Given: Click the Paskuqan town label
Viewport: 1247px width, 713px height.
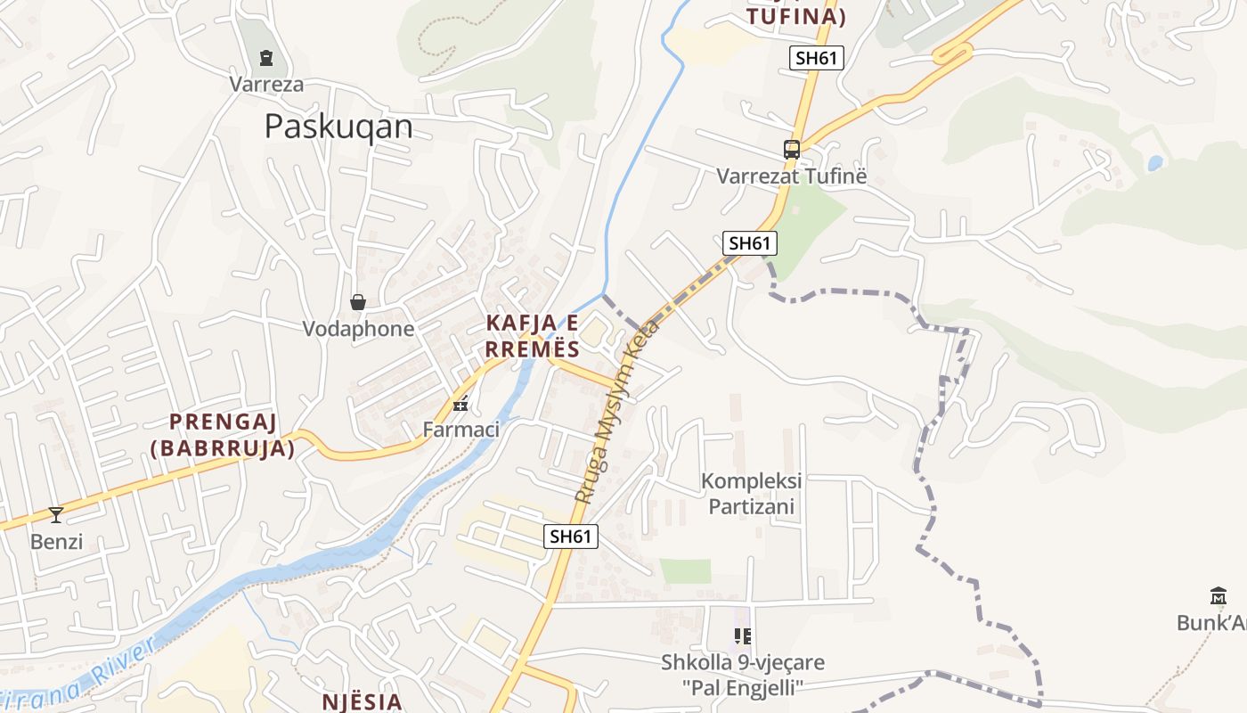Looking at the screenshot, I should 338,127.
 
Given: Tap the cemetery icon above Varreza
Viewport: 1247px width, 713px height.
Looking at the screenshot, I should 265,58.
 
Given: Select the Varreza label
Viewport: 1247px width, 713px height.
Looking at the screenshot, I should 266,85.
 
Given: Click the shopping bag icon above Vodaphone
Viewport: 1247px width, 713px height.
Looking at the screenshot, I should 358,302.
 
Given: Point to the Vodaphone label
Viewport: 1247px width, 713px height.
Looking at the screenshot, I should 358,329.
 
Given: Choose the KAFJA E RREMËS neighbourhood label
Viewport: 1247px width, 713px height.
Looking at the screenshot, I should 534,335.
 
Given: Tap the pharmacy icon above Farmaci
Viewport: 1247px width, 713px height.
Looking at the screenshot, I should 460,404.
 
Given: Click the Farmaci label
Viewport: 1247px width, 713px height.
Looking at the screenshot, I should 460,430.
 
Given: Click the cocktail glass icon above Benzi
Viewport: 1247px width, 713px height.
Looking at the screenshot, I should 56,514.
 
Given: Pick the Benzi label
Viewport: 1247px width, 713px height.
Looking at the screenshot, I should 56,541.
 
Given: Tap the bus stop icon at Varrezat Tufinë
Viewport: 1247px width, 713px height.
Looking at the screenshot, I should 791,149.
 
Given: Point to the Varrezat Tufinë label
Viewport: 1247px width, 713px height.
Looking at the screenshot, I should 791,176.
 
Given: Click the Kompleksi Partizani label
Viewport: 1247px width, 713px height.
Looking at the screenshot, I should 751,494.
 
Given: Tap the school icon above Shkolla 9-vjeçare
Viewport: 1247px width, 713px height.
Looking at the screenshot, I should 742,635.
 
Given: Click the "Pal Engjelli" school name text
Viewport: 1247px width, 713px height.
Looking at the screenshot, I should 743,687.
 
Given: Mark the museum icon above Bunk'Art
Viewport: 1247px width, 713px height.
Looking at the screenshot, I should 1218,596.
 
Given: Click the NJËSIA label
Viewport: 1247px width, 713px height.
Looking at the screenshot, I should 360,701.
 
